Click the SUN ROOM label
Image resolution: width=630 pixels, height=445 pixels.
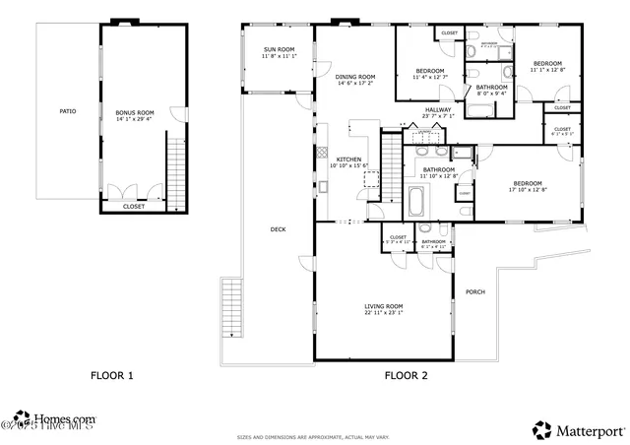[x=280, y=49]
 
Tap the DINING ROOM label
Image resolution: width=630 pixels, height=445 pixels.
[x=354, y=76]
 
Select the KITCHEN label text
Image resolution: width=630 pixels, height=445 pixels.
[x=349, y=159]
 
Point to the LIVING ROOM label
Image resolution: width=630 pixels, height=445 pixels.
[x=384, y=306]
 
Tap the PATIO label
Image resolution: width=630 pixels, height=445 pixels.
[x=67, y=111]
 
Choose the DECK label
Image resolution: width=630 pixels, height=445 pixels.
[x=279, y=229]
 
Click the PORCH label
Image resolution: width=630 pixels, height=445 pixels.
[x=475, y=291]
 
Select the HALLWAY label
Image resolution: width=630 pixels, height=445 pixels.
[x=438, y=109]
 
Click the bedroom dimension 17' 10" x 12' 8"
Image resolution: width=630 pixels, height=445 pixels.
[x=528, y=190]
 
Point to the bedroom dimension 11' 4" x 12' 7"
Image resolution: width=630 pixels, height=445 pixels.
[x=429, y=78]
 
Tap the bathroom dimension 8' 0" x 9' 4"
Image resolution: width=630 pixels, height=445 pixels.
[x=492, y=95]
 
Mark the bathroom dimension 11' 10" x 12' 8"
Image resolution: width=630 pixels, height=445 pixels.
[x=439, y=176]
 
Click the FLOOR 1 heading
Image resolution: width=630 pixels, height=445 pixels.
[x=112, y=375]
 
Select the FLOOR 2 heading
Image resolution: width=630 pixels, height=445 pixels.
[x=405, y=375]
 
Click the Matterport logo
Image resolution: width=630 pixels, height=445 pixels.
[x=578, y=429]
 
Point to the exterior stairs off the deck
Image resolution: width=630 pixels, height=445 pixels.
[x=232, y=307]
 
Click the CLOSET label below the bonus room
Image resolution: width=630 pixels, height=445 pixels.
[x=133, y=207]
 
